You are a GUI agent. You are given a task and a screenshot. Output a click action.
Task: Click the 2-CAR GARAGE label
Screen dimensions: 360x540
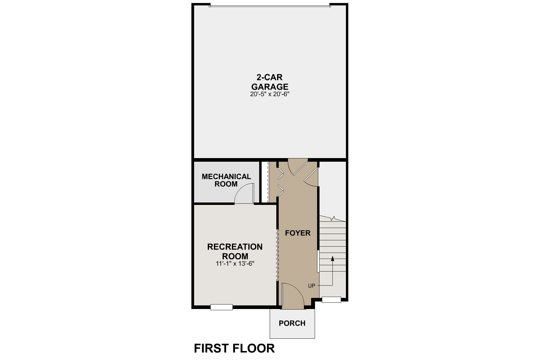270,82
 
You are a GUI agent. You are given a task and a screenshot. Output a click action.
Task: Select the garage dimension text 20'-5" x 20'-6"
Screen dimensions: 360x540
270,94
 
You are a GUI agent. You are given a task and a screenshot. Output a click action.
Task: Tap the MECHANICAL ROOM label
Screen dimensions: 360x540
226,180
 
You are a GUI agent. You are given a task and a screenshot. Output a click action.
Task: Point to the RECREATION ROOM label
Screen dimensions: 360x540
235,251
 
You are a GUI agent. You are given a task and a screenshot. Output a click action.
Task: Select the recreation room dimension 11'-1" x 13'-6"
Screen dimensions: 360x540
235,264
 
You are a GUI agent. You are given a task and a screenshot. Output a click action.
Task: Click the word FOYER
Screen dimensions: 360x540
298,233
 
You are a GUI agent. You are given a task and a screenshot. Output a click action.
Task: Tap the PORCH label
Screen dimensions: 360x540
292,323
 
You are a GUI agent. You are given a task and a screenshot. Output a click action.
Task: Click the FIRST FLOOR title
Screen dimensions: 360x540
234,348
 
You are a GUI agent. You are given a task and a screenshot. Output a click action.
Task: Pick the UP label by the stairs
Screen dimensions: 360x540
311,286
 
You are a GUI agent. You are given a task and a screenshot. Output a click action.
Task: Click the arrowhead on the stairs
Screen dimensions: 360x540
332,258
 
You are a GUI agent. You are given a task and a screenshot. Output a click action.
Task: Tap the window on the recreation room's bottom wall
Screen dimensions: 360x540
221,307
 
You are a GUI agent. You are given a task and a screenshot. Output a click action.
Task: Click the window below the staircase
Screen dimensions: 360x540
331,299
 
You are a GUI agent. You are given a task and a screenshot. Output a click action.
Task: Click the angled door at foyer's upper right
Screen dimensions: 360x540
311,177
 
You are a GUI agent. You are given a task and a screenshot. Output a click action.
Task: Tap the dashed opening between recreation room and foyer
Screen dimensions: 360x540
277,255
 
